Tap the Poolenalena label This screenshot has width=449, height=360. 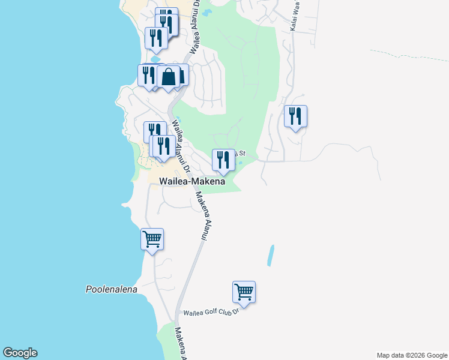pos(111,289)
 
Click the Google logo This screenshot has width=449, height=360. pos(20,353)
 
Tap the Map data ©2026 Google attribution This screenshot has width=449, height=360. pos(412,355)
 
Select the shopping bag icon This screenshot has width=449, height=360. pos(169,77)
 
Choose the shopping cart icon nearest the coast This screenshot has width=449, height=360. pos(152,239)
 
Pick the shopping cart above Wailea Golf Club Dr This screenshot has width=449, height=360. pos(244,292)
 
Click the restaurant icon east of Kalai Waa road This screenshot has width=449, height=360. pos(295,116)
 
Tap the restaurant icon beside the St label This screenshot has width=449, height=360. pos(223,160)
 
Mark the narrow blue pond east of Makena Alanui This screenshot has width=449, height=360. pos(271,255)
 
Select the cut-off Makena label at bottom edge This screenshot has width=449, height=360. pos(179,343)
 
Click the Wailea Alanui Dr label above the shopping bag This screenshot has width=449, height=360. pos(194,29)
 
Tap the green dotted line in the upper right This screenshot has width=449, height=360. pos(408,55)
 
